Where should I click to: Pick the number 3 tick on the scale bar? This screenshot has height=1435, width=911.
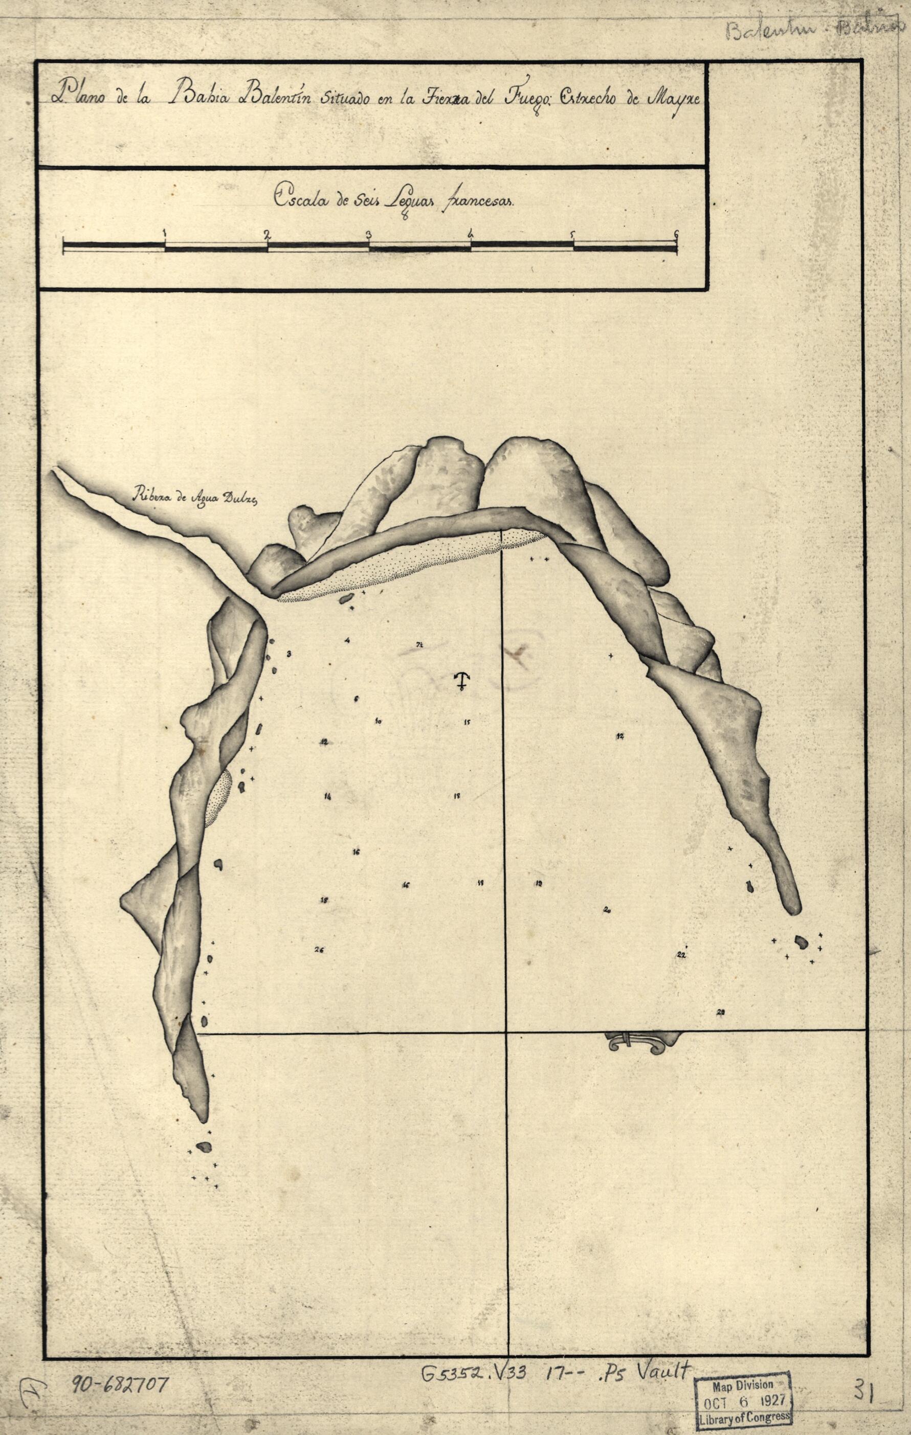(x=369, y=234)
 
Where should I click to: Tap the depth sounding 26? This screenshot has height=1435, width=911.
(x=319, y=950)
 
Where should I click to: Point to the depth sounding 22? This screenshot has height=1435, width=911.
(x=681, y=954)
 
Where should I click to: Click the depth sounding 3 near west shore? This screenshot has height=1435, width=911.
(x=289, y=654)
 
